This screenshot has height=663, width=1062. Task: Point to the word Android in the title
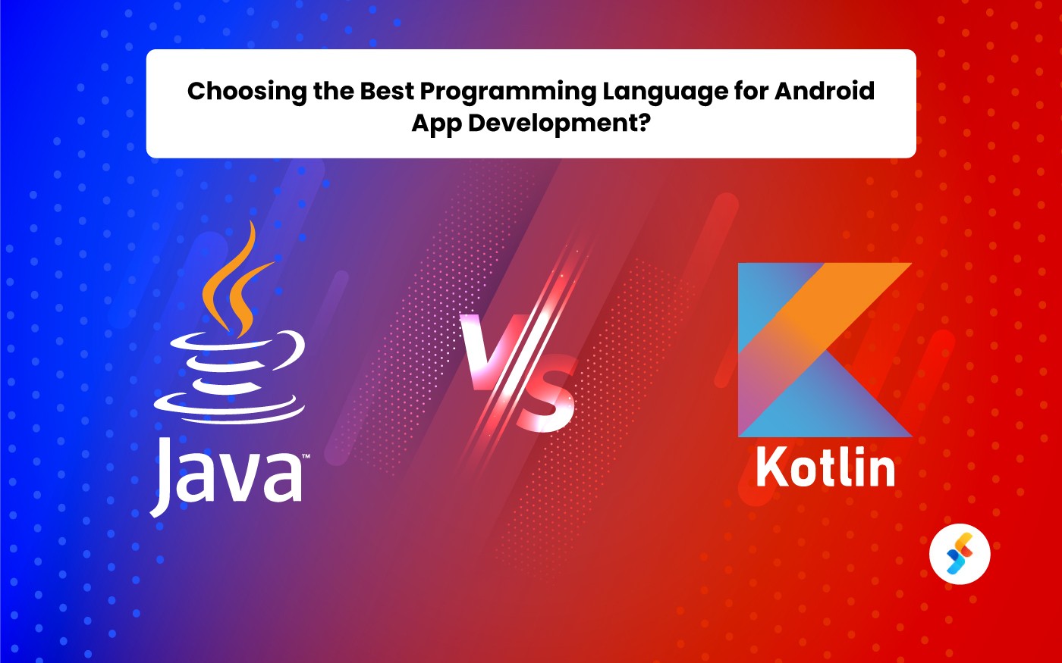825,91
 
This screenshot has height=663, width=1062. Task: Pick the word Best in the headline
387,91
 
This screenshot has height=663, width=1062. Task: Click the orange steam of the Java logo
235,280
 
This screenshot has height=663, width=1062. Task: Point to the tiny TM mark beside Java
305,457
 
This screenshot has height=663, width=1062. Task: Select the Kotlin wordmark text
825,466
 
